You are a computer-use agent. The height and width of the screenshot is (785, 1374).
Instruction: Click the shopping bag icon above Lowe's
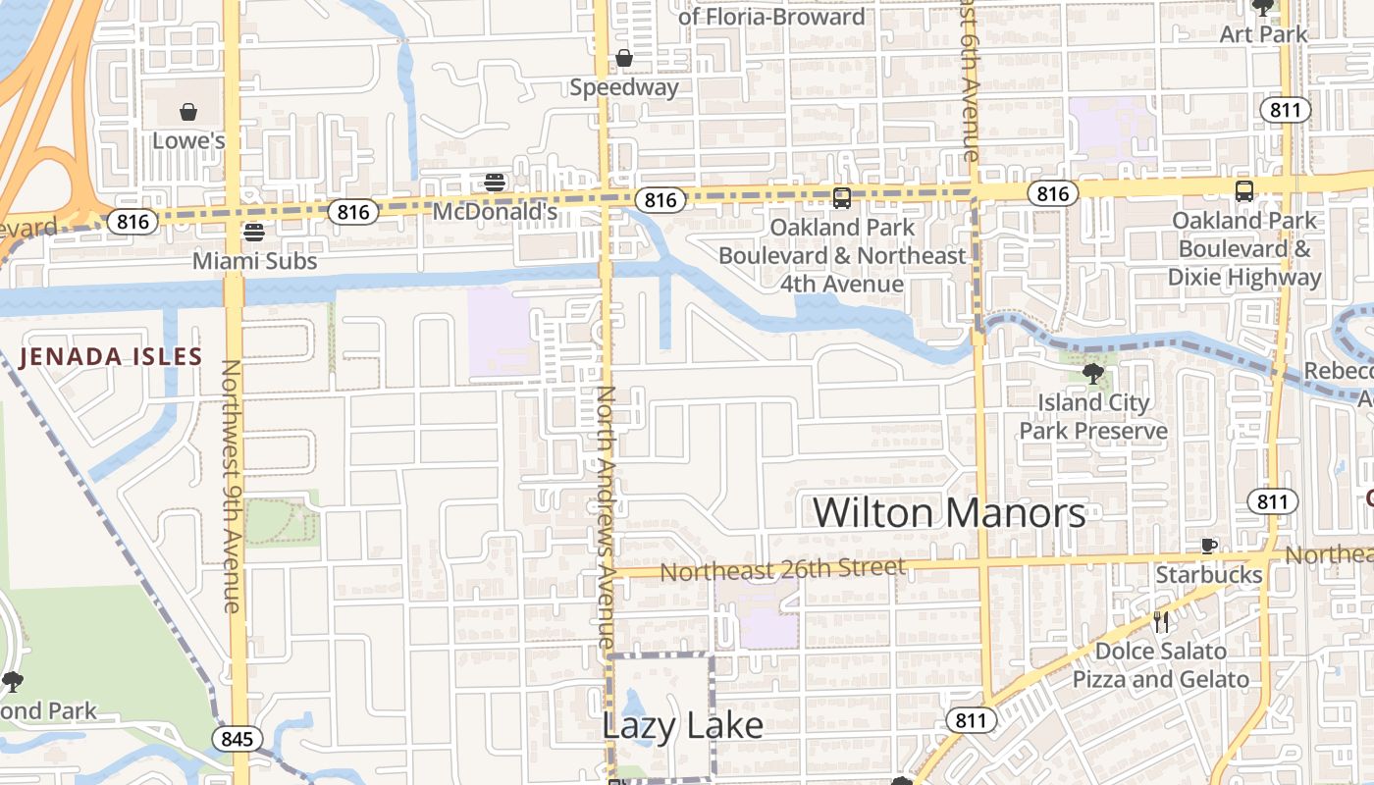187,112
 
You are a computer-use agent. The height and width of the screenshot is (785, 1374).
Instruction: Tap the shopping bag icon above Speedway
623,59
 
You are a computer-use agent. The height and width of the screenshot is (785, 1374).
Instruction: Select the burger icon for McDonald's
495,183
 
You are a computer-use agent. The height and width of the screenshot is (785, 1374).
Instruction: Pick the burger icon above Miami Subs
254,233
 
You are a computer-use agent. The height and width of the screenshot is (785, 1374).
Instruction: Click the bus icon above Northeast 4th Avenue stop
841,198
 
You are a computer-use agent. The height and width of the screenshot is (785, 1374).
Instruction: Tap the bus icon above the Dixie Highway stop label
1243,190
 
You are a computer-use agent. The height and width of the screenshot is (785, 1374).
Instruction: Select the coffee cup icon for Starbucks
1209,546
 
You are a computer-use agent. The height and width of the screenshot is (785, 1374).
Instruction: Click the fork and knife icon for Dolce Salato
1161,621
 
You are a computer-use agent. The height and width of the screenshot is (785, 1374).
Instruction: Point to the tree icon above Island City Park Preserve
1092,374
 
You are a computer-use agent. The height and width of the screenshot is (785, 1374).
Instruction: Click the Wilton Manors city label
949,512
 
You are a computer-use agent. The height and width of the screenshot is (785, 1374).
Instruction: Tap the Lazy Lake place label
682,725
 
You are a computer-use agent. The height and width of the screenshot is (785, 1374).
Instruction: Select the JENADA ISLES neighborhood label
110,357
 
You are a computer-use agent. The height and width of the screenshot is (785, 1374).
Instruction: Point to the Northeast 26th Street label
782,569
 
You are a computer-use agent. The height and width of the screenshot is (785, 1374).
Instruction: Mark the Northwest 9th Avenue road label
231,486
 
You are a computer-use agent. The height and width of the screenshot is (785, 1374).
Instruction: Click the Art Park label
1263,34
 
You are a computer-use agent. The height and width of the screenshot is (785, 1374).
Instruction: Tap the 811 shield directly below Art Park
1285,109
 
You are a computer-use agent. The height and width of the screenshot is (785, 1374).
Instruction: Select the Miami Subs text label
254,261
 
